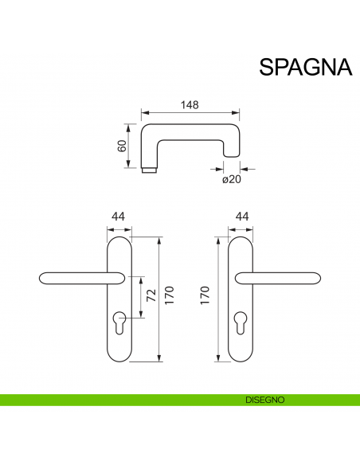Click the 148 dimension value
[188, 104]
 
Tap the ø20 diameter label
[231, 181]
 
